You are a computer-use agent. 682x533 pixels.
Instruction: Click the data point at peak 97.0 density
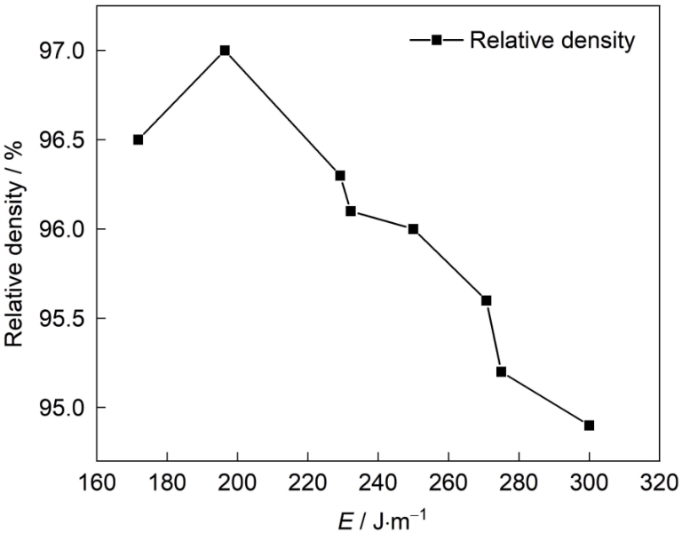coord(225,51)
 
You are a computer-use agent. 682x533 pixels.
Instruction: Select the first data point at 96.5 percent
coord(138,139)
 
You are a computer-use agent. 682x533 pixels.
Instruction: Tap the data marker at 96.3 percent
coord(340,175)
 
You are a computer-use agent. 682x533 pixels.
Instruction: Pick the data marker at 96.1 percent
coord(351,211)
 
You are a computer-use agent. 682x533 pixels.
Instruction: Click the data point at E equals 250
coord(413,229)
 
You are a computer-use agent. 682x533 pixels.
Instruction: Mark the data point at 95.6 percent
coord(487,300)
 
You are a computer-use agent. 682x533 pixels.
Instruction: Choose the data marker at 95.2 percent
coord(501,371)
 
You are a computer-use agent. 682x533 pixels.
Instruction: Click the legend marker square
coord(437,40)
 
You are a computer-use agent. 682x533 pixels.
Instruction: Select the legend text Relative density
coord(552,40)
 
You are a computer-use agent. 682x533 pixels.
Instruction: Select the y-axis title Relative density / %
coord(15,229)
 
